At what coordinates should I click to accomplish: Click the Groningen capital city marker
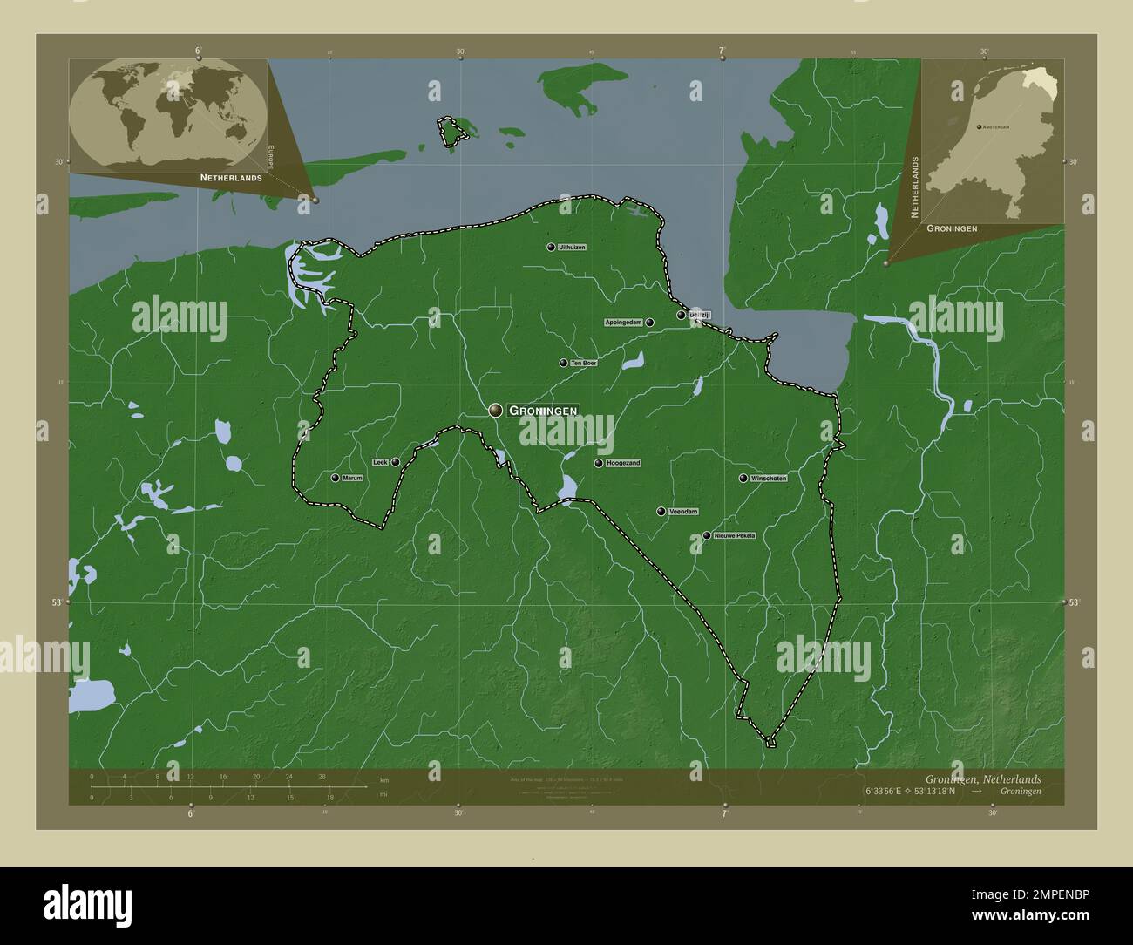pyautogui.click(x=496, y=410)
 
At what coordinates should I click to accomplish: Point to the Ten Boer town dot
pyautogui.click(x=563, y=363)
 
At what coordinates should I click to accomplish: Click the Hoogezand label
pyautogui.click(x=623, y=464)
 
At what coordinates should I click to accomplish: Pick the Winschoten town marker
pyautogui.click(x=743, y=479)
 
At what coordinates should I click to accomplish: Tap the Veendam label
pyautogui.click(x=683, y=512)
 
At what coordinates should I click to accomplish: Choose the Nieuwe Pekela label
pyautogui.click(x=734, y=535)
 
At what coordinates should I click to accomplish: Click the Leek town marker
pyautogui.click(x=396, y=462)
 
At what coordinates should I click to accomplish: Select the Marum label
pyautogui.click(x=352, y=479)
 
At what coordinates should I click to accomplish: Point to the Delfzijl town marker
pyautogui.click(x=681, y=316)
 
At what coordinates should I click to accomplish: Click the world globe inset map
pyautogui.click(x=167, y=114)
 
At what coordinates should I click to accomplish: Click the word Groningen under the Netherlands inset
pyautogui.click(x=951, y=228)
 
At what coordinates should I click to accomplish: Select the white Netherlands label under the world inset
pyautogui.click(x=230, y=178)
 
